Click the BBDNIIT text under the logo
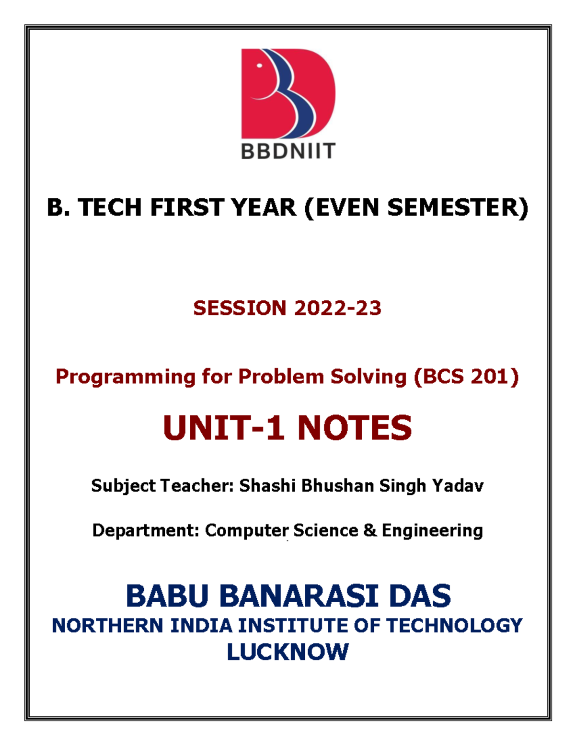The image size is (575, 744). pyautogui.click(x=287, y=151)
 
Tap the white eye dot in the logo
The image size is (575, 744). pyautogui.click(x=260, y=66)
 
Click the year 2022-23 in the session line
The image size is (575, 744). pyautogui.click(x=337, y=308)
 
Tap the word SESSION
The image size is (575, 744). pyautogui.click(x=240, y=308)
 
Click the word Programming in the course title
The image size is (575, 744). pyautogui.click(x=126, y=377)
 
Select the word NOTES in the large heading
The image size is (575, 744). pyautogui.click(x=354, y=428)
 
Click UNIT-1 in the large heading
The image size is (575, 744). pyautogui.click(x=224, y=428)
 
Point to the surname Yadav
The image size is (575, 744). pyautogui.click(x=458, y=486)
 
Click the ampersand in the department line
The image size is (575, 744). pyautogui.click(x=370, y=530)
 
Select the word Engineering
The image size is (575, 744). pyautogui.click(x=432, y=531)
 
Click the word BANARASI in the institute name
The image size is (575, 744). pyautogui.click(x=300, y=596)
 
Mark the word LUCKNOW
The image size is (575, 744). pyautogui.click(x=287, y=652)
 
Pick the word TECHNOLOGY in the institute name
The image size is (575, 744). pyautogui.click(x=454, y=626)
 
